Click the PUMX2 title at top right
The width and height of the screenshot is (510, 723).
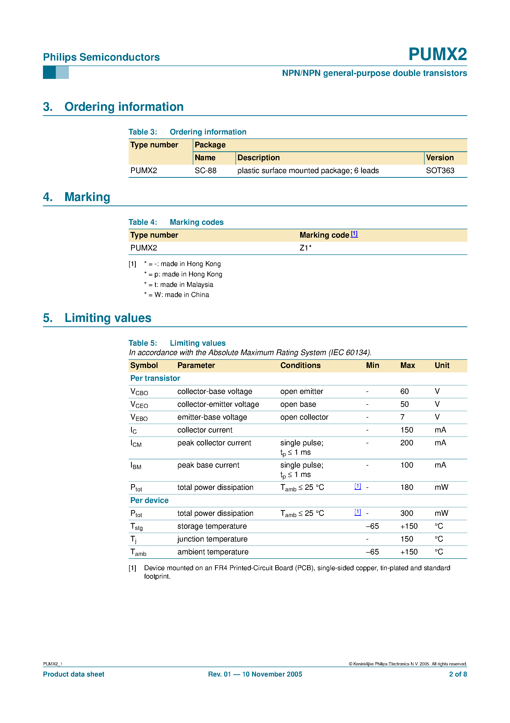[x=437, y=54]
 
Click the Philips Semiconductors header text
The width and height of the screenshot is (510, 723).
[x=101, y=57]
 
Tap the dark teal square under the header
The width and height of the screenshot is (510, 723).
[x=49, y=72]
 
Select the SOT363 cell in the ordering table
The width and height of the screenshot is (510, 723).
[x=440, y=171]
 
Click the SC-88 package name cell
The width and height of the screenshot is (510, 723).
[x=205, y=171]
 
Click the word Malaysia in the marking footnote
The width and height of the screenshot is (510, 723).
[x=200, y=285]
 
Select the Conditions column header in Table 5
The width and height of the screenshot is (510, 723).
[x=300, y=366]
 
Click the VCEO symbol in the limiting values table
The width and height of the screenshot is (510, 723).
[x=139, y=405]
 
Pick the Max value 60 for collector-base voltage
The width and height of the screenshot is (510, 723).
[x=404, y=391]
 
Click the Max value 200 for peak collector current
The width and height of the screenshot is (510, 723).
[x=407, y=443]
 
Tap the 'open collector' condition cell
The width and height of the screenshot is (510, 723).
[x=304, y=417]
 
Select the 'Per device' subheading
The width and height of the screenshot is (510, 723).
[x=149, y=500]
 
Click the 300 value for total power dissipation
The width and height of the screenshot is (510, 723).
[x=407, y=513]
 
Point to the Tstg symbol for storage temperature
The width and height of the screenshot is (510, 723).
[x=137, y=526]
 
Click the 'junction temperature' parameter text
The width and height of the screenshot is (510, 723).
[x=212, y=539]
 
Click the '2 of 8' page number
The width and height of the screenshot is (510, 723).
[x=458, y=674]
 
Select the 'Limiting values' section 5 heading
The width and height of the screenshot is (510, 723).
[x=108, y=318]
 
